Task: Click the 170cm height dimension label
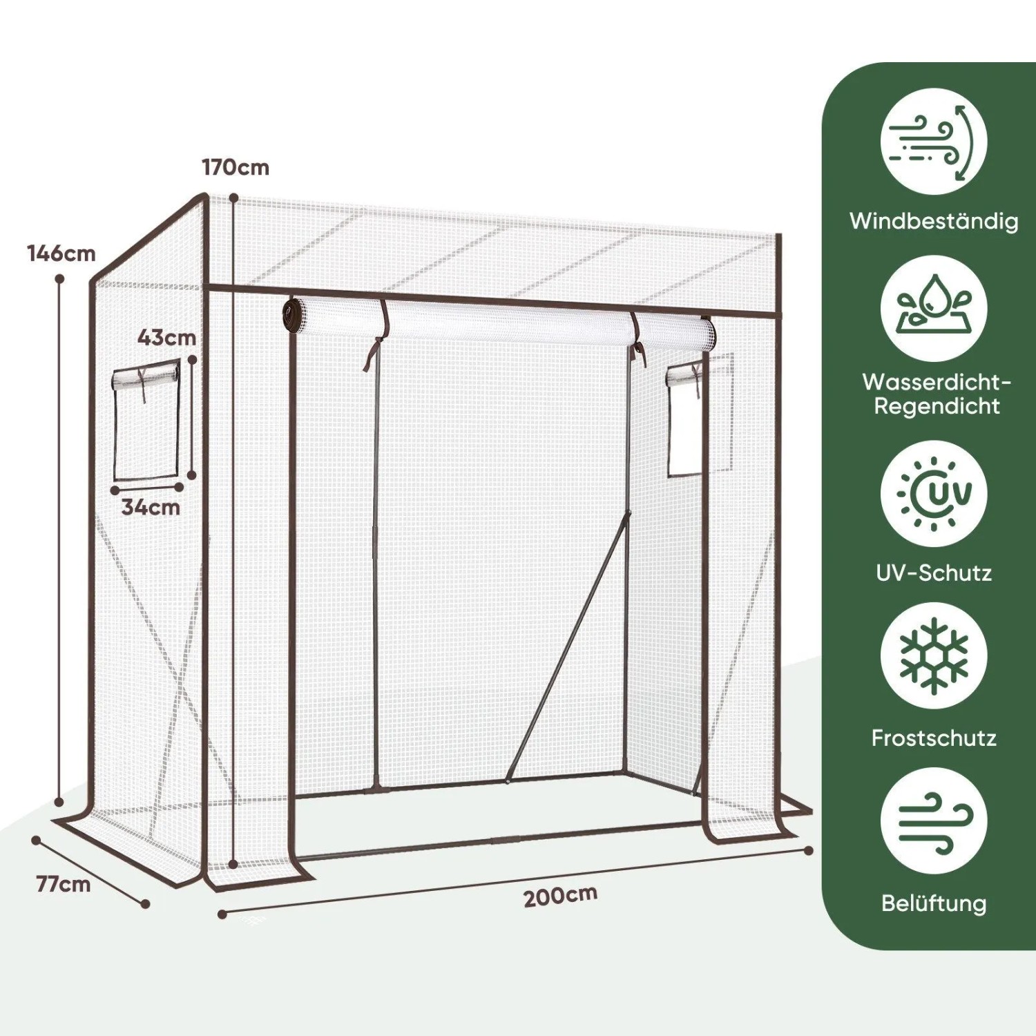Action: point(236,167)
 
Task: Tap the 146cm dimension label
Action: point(61,253)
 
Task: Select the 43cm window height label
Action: point(166,338)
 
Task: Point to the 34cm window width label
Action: point(151,507)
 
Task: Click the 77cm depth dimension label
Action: point(64,884)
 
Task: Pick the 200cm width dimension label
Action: point(560,896)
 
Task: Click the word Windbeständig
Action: point(934,221)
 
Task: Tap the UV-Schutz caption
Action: point(934,573)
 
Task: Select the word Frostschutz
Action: point(934,738)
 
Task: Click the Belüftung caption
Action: point(934,903)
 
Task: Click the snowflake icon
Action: point(934,655)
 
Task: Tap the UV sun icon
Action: point(934,493)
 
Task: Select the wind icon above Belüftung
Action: point(934,821)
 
